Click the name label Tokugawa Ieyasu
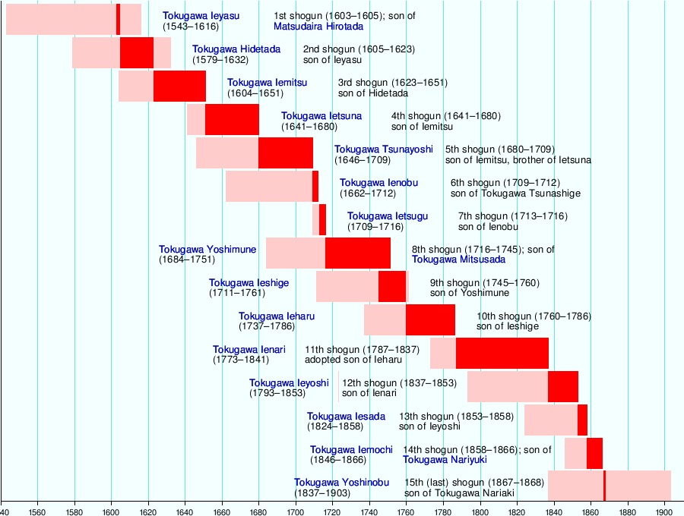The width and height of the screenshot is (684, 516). (201, 16)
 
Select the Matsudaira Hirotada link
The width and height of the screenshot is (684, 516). (318, 27)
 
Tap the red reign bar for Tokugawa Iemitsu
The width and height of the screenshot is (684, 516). (179, 86)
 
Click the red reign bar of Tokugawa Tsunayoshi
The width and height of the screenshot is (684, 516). (285, 153)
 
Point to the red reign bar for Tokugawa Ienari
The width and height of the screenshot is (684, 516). (502, 353)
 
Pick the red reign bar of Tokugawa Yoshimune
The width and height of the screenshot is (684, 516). (357, 253)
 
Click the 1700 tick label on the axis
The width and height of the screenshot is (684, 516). (296, 509)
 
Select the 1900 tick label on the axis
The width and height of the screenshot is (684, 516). (664, 509)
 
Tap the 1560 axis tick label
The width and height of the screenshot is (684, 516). (38, 509)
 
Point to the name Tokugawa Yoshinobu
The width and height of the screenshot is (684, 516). (341, 483)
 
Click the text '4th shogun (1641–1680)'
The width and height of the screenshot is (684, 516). (445, 116)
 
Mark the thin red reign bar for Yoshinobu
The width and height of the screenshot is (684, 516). (604, 486)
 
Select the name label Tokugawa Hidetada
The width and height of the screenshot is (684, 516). (236, 49)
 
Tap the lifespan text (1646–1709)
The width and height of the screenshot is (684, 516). (363, 160)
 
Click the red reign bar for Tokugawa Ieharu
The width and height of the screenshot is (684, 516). (430, 319)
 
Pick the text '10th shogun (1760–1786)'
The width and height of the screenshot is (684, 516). (534, 316)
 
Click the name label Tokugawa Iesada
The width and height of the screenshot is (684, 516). (346, 417)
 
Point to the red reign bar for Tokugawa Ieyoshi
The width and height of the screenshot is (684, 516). (562, 386)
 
